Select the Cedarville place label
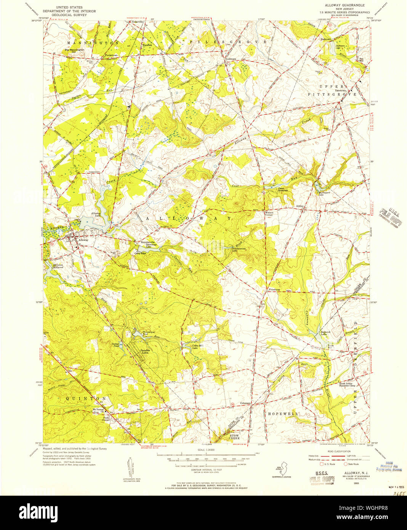pyautogui.click(x=137, y=22)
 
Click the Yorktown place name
pyautogui.click(x=231, y=59)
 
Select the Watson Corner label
pyautogui.click(x=269, y=214)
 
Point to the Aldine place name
pyautogui.click(x=300, y=206)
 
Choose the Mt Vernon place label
pyautogui.click(x=99, y=410)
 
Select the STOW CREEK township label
pyautogui.click(x=234, y=437)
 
